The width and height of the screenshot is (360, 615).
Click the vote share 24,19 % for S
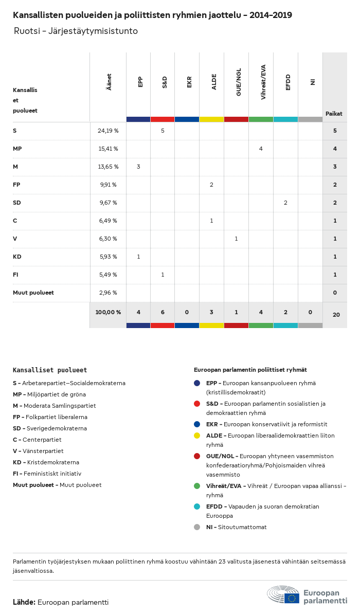click(x=108, y=131)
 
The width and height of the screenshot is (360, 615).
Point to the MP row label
click(x=17, y=149)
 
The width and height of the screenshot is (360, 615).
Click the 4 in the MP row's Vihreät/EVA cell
click(x=261, y=149)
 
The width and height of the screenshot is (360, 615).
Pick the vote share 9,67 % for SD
click(x=108, y=203)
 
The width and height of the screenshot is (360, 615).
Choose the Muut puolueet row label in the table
click(x=33, y=293)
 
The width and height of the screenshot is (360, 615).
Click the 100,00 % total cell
click(x=108, y=312)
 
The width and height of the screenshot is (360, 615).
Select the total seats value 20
click(x=336, y=315)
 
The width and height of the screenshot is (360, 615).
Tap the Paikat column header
click(x=334, y=114)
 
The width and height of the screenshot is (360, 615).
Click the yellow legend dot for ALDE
click(x=197, y=436)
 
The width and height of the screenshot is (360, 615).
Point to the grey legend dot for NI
click(x=197, y=527)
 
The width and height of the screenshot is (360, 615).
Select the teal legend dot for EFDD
click(x=197, y=507)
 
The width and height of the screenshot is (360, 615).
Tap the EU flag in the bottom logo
click(x=293, y=598)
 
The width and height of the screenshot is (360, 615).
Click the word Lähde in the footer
click(x=24, y=602)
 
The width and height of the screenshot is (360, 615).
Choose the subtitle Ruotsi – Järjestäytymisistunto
click(x=76, y=31)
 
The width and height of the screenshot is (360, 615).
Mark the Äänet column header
click(x=109, y=82)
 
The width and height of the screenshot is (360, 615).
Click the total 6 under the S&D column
click(x=163, y=312)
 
